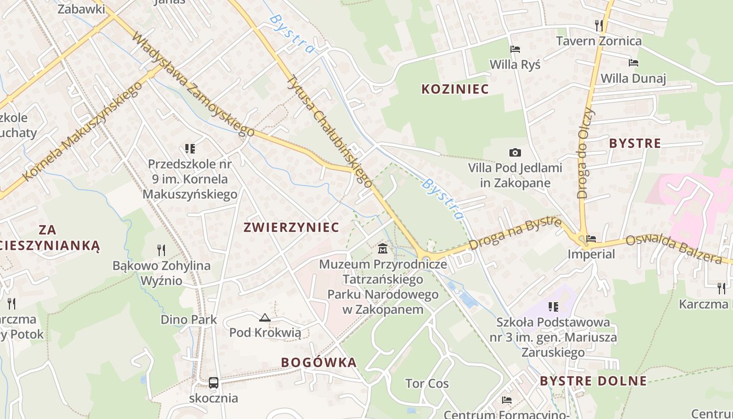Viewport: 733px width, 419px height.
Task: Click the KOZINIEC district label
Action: (455, 89)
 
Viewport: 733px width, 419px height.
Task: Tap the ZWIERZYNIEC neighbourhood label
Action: (291, 227)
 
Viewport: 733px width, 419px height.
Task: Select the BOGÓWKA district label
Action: (318, 362)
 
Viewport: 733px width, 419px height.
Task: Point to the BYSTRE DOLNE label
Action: (593, 381)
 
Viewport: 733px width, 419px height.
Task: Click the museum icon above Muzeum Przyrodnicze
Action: (383, 248)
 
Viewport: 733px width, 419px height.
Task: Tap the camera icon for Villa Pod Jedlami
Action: (515, 152)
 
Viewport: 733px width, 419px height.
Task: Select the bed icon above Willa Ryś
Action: (515, 49)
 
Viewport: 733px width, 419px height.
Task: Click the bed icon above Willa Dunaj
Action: (634, 63)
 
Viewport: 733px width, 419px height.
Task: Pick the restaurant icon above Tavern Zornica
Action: (599, 25)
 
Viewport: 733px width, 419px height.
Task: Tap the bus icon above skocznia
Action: (214, 383)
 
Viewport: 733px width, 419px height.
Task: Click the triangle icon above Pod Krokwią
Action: (265, 317)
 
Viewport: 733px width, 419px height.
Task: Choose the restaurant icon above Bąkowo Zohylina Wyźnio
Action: (161, 250)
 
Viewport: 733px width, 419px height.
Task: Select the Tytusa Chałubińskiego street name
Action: (330, 131)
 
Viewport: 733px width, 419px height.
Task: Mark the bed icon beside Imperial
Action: (591, 238)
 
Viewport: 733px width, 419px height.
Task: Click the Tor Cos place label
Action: (427, 383)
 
